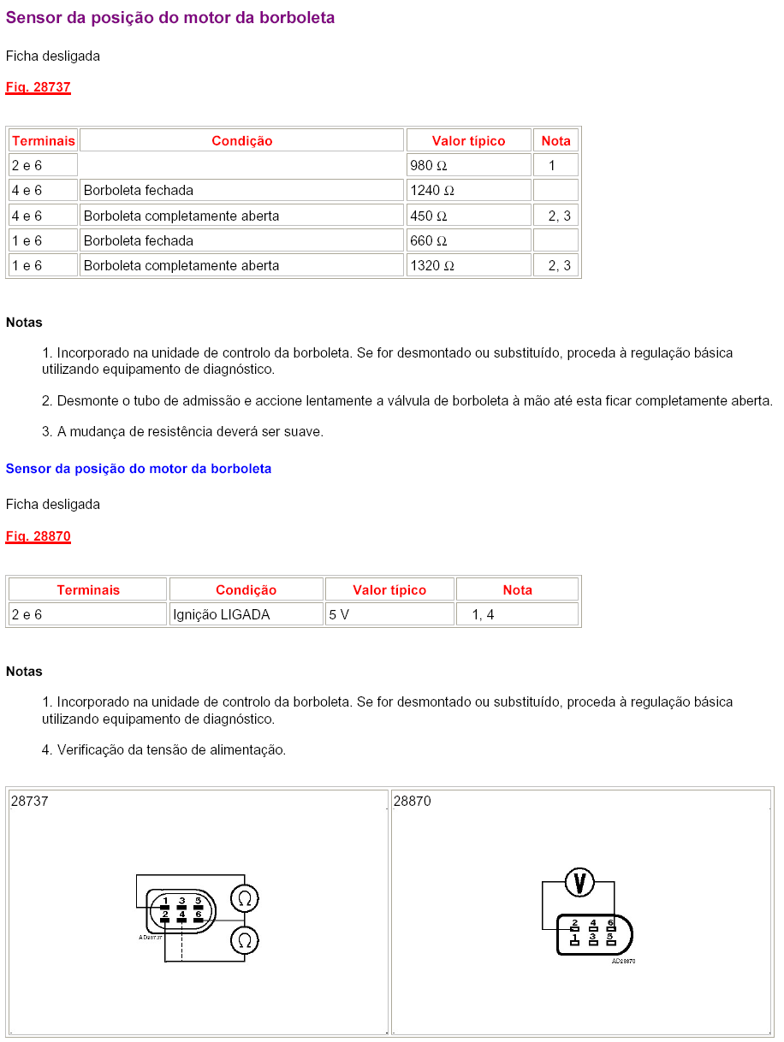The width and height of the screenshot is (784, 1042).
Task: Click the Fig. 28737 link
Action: click(38, 87)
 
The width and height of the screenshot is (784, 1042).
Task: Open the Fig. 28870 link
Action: click(38, 536)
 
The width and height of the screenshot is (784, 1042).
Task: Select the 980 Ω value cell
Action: click(468, 165)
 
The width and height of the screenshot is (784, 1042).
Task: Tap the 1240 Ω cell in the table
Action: click(468, 190)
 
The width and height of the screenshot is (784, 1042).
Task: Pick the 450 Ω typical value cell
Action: click(468, 216)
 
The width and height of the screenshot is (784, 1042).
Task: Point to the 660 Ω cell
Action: click(468, 240)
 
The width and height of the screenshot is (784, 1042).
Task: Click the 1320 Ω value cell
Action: click(468, 265)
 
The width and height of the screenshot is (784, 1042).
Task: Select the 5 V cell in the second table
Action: click(389, 614)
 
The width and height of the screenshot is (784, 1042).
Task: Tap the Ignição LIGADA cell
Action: click(246, 614)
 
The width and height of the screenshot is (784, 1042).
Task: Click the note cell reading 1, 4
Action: click(517, 614)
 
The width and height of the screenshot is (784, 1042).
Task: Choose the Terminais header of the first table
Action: click(44, 140)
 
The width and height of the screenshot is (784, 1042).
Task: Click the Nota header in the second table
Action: click(517, 589)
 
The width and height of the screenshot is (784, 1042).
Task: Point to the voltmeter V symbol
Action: click(579, 882)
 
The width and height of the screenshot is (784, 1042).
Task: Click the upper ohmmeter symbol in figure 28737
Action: click(245, 898)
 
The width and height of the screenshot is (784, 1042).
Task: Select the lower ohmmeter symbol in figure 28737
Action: click(245, 941)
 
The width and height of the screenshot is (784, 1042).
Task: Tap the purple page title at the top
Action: click(170, 17)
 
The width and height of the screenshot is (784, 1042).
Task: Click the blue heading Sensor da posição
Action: click(139, 469)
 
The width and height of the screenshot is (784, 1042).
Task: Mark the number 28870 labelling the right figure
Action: click(413, 802)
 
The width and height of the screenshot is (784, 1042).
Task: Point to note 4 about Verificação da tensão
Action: click(163, 749)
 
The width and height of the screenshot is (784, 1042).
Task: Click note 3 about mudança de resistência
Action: click(182, 432)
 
